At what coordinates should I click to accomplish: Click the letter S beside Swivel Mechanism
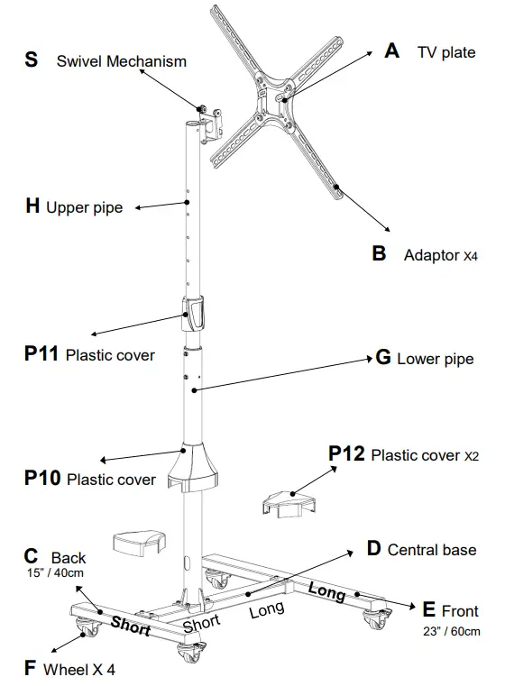pyautogui.click(x=32, y=60)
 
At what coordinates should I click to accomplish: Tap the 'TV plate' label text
pyautogui.click(x=445, y=52)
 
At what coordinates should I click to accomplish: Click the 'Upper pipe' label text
pyautogui.click(x=84, y=208)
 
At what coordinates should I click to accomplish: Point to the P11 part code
pyautogui.click(x=41, y=354)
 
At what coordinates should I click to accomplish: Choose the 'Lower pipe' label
pyautogui.click(x=435, y=360)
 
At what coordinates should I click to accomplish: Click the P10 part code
pyautogui.click(x=41, y=478)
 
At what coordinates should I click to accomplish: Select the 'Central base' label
pyautogui.click(x=431, y=549)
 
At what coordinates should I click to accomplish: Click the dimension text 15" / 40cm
pyautogui.click(x=53, y=572)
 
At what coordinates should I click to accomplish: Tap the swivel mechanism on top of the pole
pyautogui.click(x=208, y=122)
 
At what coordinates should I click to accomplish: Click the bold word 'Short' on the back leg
pyautogui.click(x=131, y=627)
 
